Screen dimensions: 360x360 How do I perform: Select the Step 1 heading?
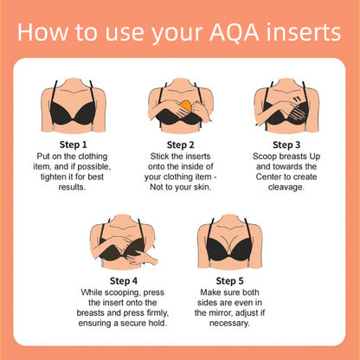pos(73,145)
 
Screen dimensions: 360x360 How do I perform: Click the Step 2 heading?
pos(179,145)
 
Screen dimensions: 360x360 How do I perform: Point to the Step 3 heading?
pos(287,145)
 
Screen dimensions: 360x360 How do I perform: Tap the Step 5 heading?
pos(230,281)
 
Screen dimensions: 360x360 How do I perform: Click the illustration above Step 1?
pos(74,106)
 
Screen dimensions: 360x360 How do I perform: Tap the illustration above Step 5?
pos(230,243)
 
